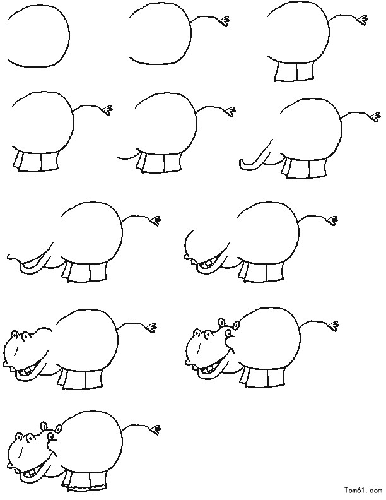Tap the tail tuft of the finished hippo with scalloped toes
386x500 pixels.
point(156,428)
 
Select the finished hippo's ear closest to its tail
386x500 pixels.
point(59,429)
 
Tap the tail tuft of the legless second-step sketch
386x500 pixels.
point(224,21)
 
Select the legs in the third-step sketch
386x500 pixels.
point(295,72)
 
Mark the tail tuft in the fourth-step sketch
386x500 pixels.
point(108,110)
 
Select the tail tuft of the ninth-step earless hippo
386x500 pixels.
point(151,327)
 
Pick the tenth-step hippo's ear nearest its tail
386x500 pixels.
point(237,325)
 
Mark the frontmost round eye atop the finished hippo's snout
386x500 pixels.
point(19,436)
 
